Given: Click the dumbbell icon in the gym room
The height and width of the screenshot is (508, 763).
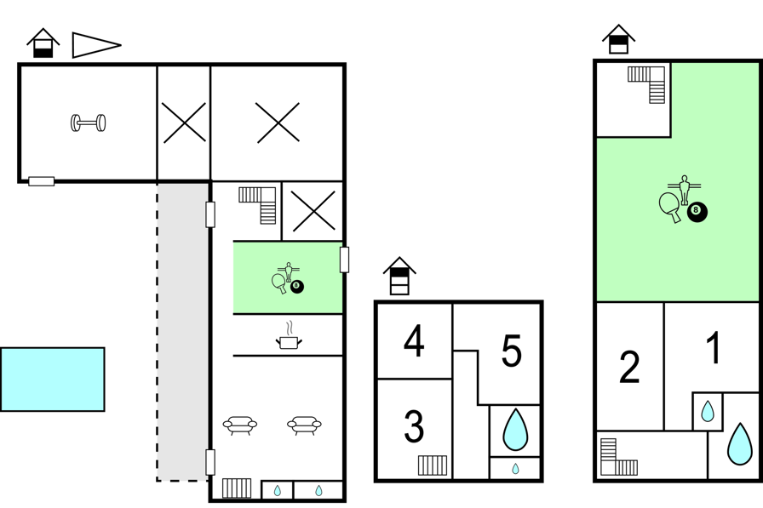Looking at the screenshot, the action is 88,123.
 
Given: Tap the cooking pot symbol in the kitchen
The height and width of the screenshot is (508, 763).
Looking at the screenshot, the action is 289,341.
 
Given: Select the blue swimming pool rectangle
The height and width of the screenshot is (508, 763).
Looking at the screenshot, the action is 53,380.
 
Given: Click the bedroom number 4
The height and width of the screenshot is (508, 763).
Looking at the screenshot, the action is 414,341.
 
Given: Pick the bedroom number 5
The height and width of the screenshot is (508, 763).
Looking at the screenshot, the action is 512,351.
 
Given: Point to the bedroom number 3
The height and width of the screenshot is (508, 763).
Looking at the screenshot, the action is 414,426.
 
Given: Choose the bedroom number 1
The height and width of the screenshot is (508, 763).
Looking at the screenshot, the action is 714,347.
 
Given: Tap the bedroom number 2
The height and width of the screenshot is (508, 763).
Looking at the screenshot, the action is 629,367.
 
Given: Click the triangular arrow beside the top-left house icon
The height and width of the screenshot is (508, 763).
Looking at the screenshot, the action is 96,45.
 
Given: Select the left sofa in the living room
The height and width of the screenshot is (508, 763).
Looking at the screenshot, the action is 240,425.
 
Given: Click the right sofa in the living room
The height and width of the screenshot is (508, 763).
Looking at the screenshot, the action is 304,425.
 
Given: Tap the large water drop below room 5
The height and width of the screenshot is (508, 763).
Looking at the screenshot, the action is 515,430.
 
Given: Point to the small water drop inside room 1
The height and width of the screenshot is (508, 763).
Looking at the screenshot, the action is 708,411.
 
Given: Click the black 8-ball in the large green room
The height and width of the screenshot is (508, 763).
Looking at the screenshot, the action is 697,212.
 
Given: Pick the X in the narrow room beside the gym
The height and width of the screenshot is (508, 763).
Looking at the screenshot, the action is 184,123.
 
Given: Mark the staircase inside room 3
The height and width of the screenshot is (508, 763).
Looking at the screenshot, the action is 433,465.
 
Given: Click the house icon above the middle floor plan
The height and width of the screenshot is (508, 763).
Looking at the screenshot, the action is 399,276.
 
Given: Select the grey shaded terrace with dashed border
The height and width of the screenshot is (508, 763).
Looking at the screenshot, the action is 183,332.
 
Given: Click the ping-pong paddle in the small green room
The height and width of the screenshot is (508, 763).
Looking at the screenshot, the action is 279,283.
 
